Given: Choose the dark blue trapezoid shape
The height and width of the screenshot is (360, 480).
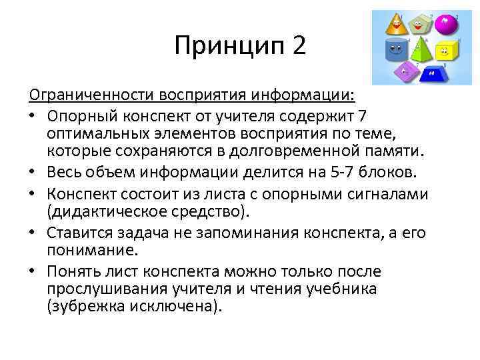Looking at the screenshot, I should (433, 72).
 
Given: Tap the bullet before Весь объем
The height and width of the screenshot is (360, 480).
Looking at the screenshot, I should (36, 174).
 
